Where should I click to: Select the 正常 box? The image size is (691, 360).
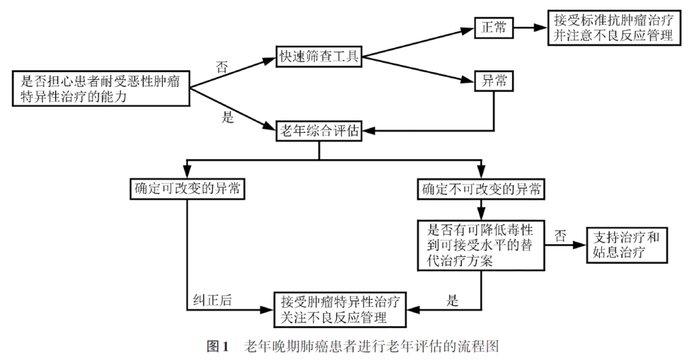pyautogui.click(x=493, y=28)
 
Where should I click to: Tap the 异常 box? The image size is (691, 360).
pyautogui.click(x=493, y=81)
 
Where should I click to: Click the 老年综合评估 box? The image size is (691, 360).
pyautogui.click(x=318, y=131)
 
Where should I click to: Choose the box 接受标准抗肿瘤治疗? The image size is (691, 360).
pyautogui.click(x=613, y=27)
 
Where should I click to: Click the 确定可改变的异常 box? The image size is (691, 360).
pyautogui.click(x=187, y=189)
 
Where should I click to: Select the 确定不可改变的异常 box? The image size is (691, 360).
pyautogui.click(x=481, y=189)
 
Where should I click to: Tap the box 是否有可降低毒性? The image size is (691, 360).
pyautogui.click(x=481, y=244)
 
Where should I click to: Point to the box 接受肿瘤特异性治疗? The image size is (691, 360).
pyautogui.click(x=342, y=309)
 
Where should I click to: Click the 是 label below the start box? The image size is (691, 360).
pyautogui.click(x=227, y=118)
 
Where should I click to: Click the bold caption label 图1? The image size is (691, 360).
pyautogui.click(x=217, y=346)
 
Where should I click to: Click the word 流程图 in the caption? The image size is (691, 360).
pyautogui.click(x=481, y=346)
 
